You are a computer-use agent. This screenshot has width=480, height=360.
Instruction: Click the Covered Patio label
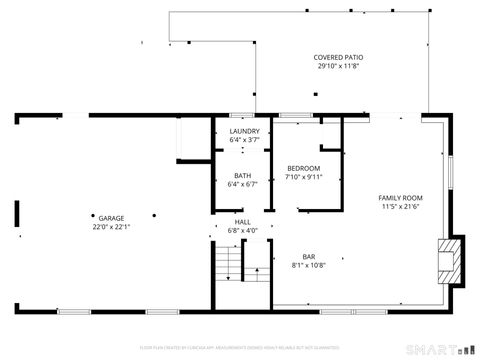(x=338, y=58)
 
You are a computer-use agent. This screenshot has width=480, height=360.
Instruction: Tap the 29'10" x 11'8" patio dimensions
(x=338, y=67)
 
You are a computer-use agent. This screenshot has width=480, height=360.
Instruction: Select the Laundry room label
(x=244, y=131)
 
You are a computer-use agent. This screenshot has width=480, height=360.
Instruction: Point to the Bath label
(x=243, y=176)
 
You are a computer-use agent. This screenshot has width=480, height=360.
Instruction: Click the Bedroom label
(x=303, y=167)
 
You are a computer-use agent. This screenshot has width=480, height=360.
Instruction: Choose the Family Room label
(x=401, y=198)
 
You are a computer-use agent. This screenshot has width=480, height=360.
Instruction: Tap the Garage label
(x=111, y=217)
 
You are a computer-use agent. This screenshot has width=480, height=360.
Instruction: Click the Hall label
(x=243, y=222)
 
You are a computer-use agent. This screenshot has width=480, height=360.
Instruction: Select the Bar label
(x=309, y=257)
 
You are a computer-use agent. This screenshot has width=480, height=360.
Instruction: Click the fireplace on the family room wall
(x=452, y=258)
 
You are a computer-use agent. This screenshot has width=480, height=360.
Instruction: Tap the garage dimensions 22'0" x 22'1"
(x=111, y=226)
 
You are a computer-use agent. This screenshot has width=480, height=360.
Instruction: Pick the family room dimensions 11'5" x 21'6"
(x=401, y=207)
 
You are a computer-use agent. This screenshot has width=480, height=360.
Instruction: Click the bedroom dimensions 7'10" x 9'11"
(x=304, y=176)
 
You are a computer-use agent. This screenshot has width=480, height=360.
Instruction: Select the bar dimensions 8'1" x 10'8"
(x=309, y=266)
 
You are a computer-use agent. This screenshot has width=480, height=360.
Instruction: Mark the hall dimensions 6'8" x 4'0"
(x=243, y=231)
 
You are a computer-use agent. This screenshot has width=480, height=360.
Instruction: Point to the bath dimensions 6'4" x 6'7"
(x=243, y=185)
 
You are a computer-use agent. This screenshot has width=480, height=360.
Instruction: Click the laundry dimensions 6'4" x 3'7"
(x=244, y=140)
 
